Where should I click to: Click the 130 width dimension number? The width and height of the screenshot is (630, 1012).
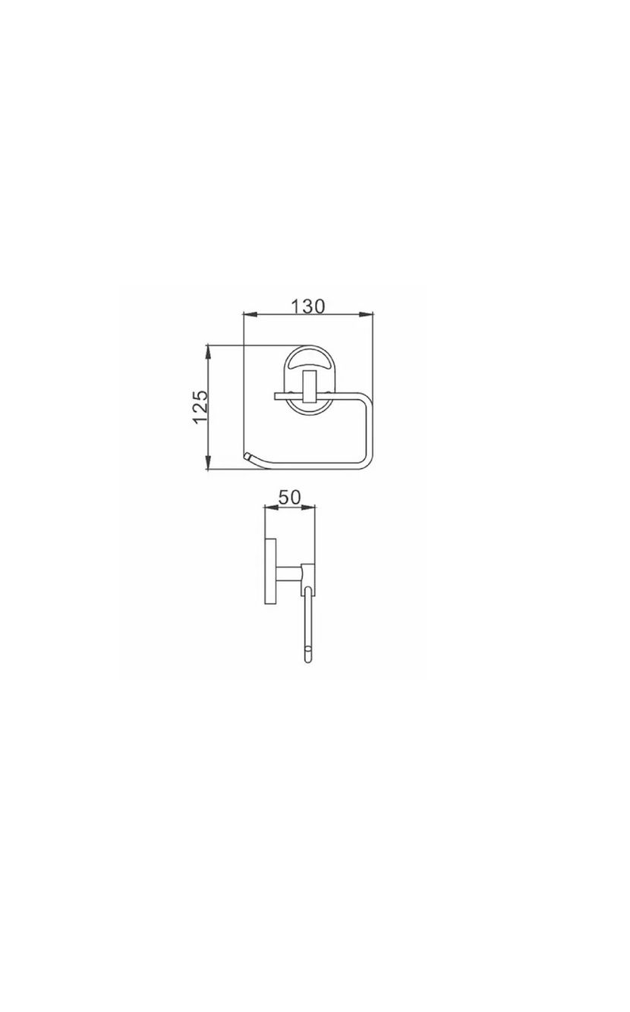(x=307, y=306)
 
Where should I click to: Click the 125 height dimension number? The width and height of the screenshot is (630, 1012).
(x=200, y=407)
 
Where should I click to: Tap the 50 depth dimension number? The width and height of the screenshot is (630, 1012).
(x=289, y=498)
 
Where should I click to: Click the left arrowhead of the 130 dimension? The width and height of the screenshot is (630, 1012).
(x=250, y=314)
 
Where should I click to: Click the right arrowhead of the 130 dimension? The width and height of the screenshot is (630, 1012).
(x=367, y=314)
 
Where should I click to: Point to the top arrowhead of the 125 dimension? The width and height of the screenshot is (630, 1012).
(x=208, y=353)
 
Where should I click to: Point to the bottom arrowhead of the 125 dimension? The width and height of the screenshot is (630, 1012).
(x=208, y=463)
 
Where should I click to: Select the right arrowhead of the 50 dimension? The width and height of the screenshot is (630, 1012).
(x=309, y=508)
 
